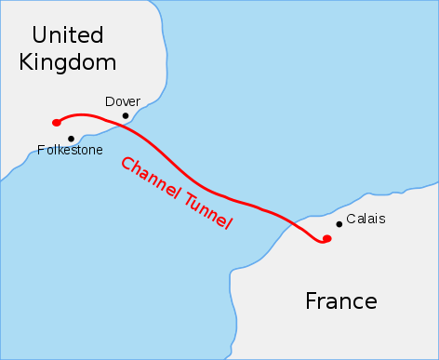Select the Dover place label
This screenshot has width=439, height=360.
click(x=123, y=100)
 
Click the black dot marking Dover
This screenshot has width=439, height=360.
click(x=126, y=116)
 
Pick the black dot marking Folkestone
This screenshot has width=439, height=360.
click(x=71, y=139)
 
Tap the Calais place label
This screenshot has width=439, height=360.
click(x=365, y=220)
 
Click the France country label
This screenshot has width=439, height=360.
click(x=341, y=301)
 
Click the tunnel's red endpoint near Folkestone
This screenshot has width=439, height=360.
click(x=57, y=122)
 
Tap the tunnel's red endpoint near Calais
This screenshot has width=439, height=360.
click(x=326, y=239)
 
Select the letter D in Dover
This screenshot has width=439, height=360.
click(x=110, y=100)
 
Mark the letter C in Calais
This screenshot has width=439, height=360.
click(x=350, y=220)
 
